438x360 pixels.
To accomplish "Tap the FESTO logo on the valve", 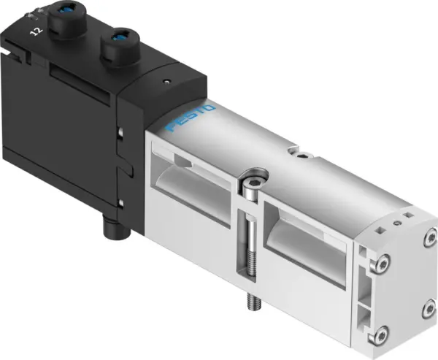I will point(191,118).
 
